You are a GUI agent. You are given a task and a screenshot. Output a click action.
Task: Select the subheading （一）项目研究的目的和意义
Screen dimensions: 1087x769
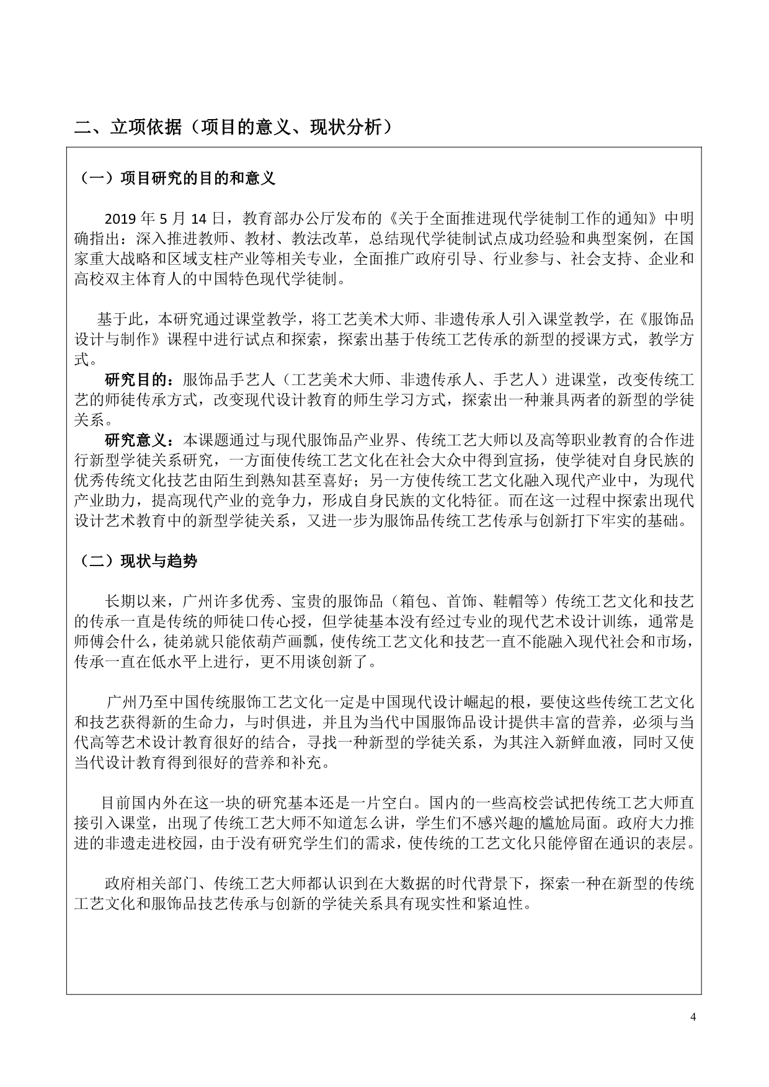coord(178,179)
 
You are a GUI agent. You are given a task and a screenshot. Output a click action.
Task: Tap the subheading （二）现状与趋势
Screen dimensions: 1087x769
coord(139,561)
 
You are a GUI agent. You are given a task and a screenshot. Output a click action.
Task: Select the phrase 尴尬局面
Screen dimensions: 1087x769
coord(564,823)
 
